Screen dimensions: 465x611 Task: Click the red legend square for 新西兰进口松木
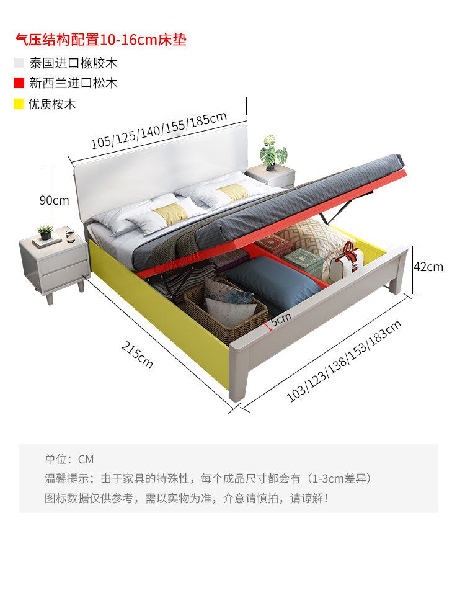(19, 83)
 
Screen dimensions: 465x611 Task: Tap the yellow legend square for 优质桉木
(19, 104)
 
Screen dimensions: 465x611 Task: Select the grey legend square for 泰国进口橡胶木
(19, 63)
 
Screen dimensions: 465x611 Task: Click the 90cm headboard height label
(54, 200)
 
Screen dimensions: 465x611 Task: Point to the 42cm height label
(428, 267)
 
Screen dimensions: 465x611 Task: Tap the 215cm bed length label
(137, 355)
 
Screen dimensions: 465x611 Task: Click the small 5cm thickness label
(280, 319)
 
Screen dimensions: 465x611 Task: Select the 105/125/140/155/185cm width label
(159, 130)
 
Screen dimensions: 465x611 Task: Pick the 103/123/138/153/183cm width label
(344, 360)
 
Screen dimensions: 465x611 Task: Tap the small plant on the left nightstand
(45, 233)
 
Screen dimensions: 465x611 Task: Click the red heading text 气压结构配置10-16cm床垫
(100, 40)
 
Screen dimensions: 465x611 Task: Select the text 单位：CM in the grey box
(69, 459)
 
